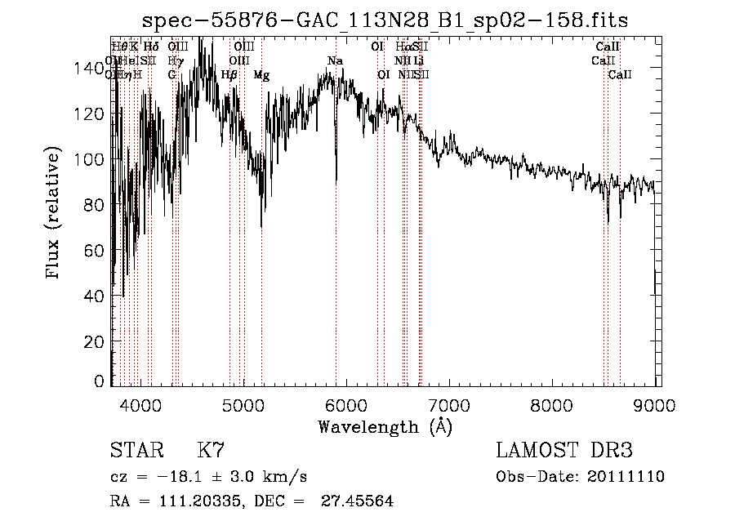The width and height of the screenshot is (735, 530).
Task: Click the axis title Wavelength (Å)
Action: tap(385, 426)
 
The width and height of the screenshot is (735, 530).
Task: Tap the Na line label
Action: tap(335, 61)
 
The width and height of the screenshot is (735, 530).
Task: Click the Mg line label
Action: tap(261, 75)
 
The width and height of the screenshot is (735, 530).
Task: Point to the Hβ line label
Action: tap(229, 75)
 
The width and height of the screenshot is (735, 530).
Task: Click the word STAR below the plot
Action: tap(135, 451)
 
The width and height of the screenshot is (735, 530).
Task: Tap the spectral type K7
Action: tap(211, 451)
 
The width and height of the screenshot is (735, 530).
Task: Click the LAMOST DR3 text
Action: tap(563, 451)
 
